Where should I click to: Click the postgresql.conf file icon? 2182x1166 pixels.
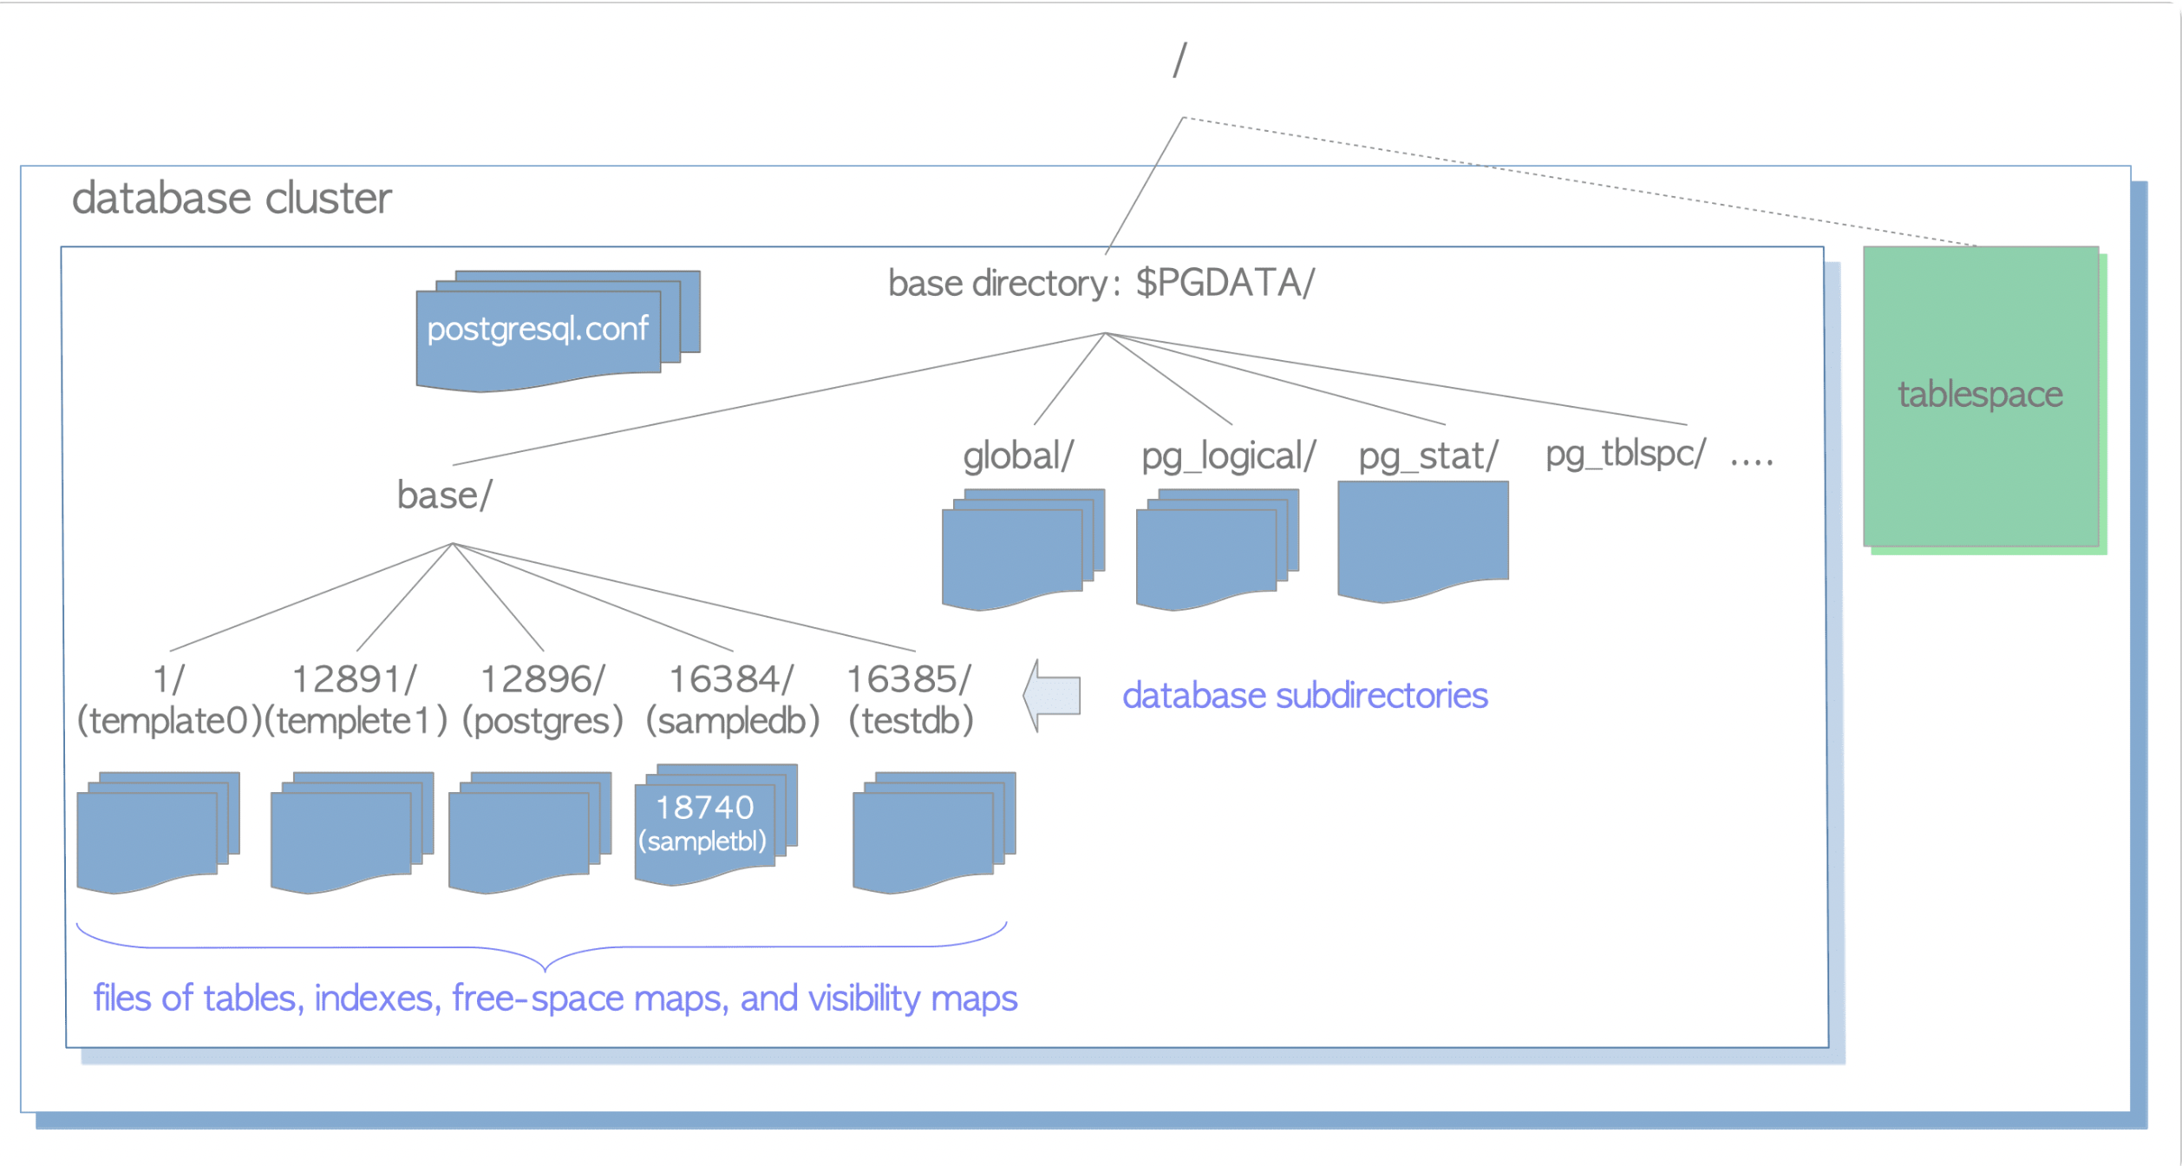pos(538,330)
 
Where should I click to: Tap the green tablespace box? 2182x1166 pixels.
pos(1980,396)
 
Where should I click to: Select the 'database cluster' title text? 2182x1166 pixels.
pos(232,199)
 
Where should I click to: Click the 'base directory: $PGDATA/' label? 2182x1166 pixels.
pos(1101,284)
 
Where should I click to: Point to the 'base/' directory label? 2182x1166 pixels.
pos(444,495)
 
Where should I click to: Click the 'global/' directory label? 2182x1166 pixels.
pos(1018,455)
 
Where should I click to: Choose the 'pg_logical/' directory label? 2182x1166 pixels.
pos(1228,455)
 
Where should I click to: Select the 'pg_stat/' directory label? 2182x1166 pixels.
pos(1427,455)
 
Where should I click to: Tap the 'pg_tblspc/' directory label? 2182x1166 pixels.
pos(1625,453)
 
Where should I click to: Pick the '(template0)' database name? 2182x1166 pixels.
pos(169,721)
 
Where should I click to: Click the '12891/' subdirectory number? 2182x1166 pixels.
pos(355,679)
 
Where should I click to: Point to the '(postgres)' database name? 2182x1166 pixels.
pos(543,721)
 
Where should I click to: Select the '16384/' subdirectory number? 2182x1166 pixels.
pos(731,679)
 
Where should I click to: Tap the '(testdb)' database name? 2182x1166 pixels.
pos(911,721)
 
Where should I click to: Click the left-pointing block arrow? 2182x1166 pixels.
pos(1053,695)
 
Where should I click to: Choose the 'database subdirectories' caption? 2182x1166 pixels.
pos(1304,696)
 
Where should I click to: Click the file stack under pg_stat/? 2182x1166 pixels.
pos(1422,538)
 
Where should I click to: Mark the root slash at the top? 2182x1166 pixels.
pos(1179,61)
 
